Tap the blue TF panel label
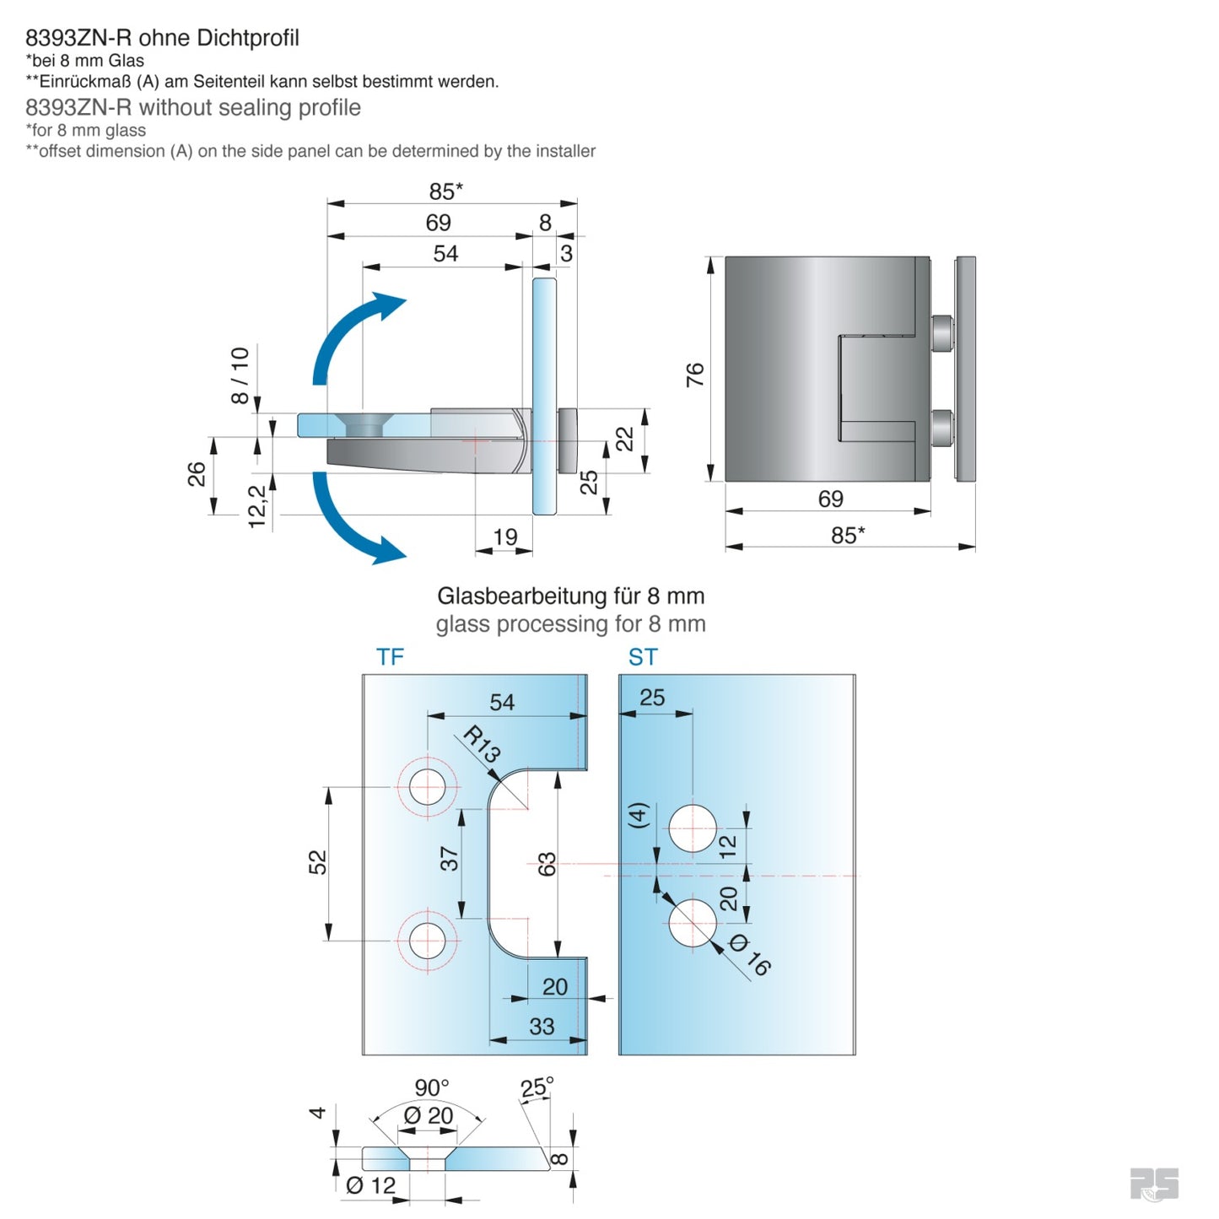coord(390,657)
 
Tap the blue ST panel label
coord(642,657)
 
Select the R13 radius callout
coord(483,744)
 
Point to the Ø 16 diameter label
coord(749,955)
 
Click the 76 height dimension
coord(694,375)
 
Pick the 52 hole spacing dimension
coord(317,862)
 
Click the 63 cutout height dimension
coord(547,865)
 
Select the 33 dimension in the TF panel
coord(542,1026)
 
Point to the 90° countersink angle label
coord(432,1088)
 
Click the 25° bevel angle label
coord(537,1087)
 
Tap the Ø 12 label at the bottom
coord(371,1185)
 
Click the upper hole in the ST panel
coord(693,828)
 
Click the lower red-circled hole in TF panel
coord(428,941)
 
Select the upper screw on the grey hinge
coord(941,334)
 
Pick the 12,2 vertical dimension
coord(257,505)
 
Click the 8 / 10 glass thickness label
coord(240,375)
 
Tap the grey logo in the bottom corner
coord(1154,1184)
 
